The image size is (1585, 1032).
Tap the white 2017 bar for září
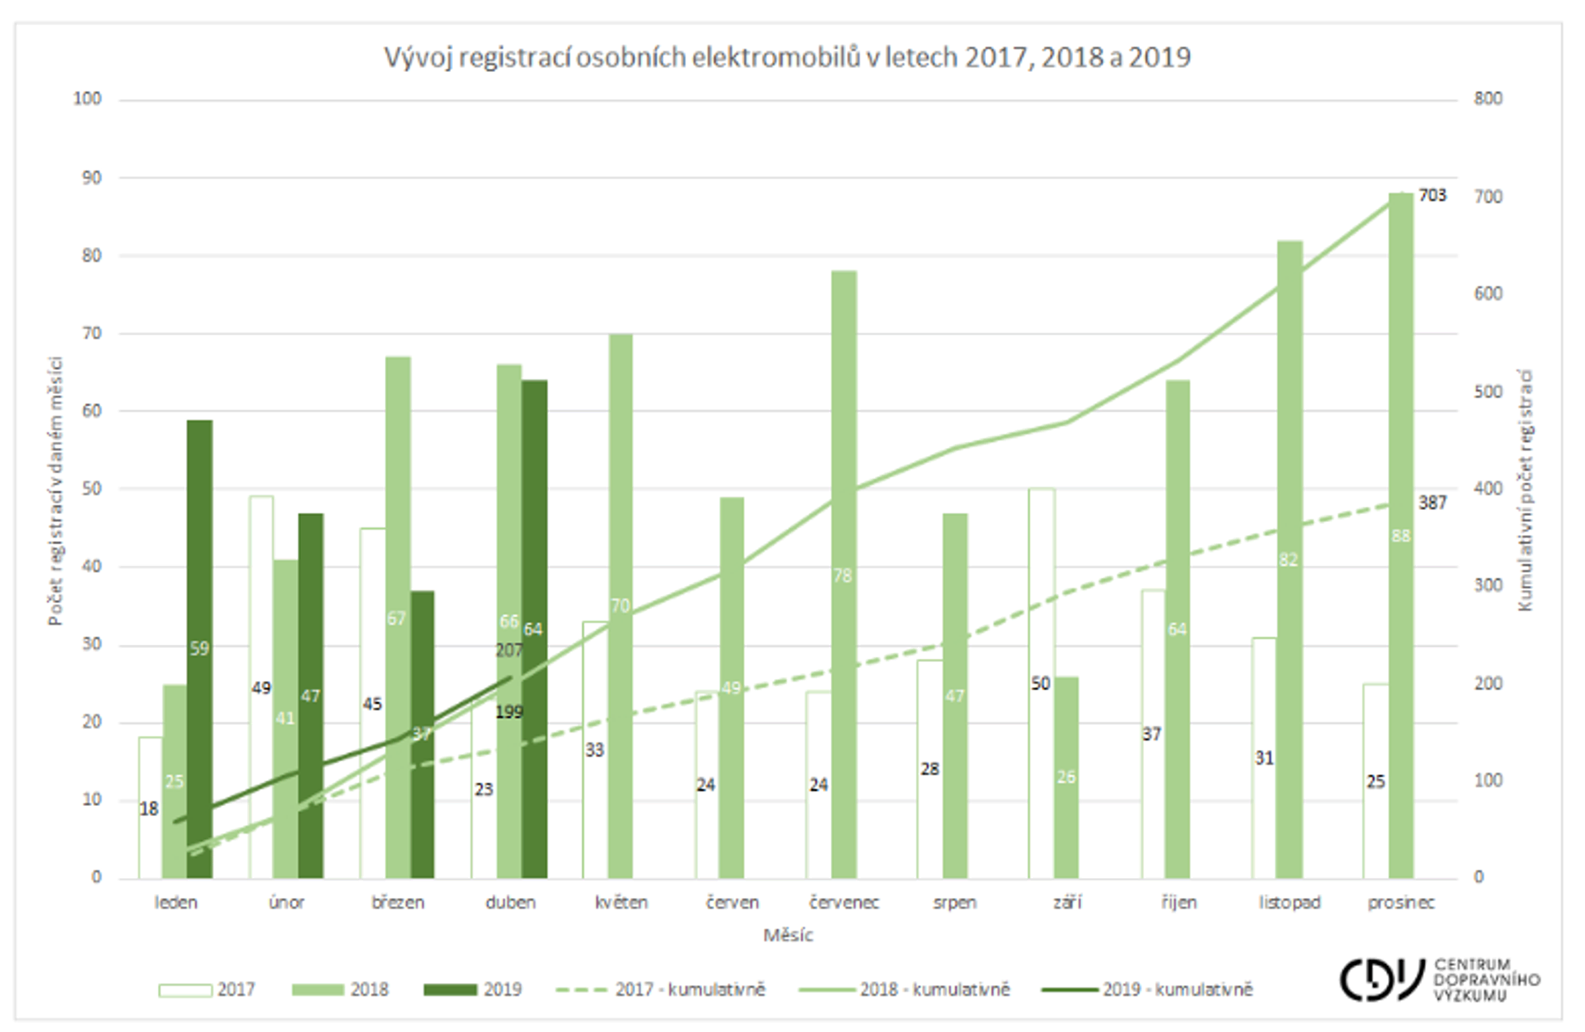click(x=1041, y=766)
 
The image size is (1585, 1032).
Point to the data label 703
click(x=1432, y=195)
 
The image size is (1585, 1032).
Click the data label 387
click(x=1432, y=502)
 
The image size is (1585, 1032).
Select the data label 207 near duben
click(x=509, y=650)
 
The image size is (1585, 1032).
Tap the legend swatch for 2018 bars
click(x=318, y=990)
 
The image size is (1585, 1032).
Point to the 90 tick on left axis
click(x=92, y=178)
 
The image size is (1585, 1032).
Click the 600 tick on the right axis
click(x=1488, y=294)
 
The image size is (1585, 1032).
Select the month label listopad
click(x=1289, y=903)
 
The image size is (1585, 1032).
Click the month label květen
click(x=621, y=903)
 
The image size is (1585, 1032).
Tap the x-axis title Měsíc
click(x=788, y=936)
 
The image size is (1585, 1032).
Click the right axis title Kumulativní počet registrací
click(x=1525, y=490)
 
